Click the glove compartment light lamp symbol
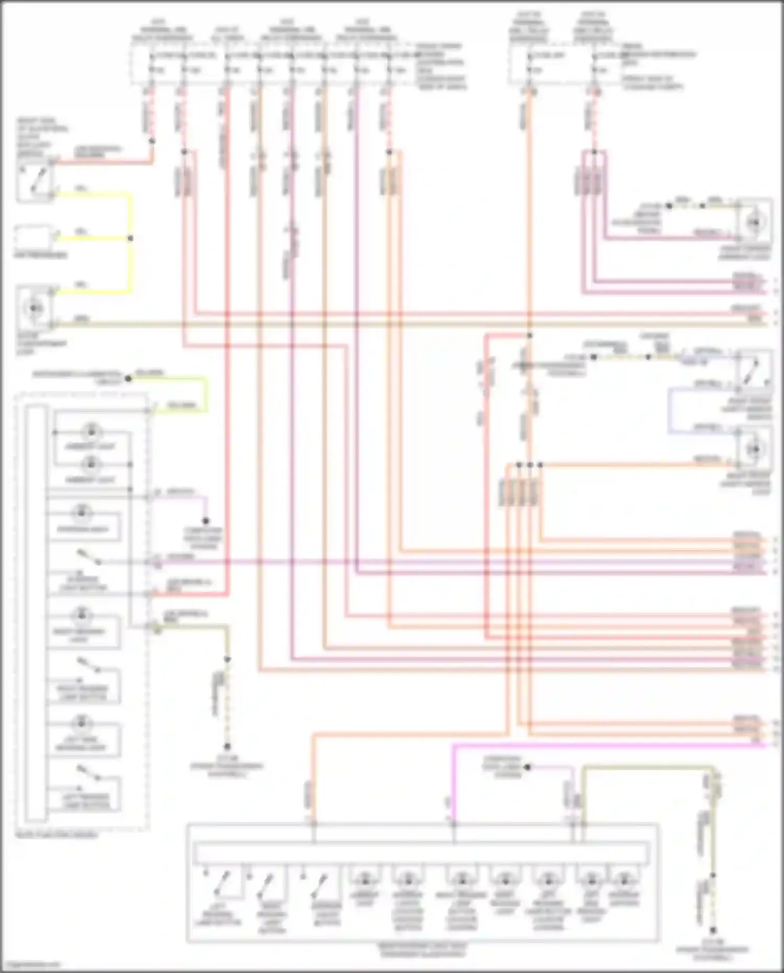[34, 308]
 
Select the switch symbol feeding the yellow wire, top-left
[34, 181]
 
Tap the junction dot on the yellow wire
[130, 238]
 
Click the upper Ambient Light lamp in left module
[91, 432]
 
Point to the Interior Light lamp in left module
[82, 513]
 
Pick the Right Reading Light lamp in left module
[82, 615]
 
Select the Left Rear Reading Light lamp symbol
[82, 724]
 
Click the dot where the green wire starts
[128, 378]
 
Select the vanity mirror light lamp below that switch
[755, 449]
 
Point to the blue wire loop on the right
[670, 410]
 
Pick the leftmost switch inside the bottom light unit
[222, 883]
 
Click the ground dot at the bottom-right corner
[713, 931]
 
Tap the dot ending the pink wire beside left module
[205, 521]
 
